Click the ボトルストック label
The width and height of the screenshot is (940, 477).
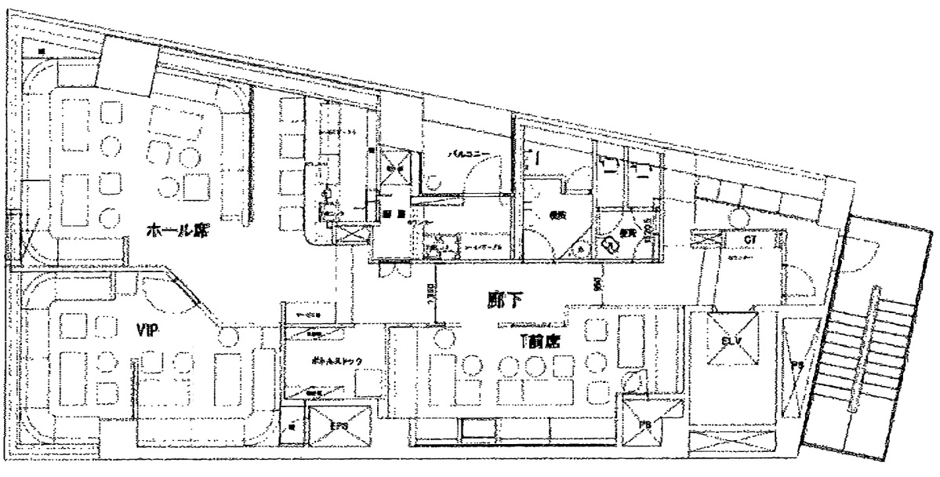tap(324, 362)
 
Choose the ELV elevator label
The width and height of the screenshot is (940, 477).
tap(732, 342)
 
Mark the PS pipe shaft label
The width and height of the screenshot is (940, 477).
tap(797, 366)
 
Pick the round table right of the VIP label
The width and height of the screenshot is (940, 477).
tap(228, 337)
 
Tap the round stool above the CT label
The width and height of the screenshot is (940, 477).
tap(737, 217)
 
